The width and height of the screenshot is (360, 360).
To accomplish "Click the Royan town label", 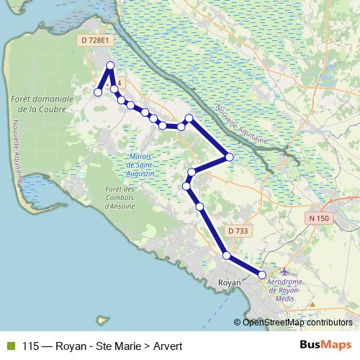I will click(228, 283).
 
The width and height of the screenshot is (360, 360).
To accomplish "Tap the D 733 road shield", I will click(237, 231).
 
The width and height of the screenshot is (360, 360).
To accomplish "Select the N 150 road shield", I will click(318, 218).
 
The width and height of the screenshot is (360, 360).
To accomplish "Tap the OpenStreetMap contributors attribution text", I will click(297, 323).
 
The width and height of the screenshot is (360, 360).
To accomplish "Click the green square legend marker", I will click(9, 346).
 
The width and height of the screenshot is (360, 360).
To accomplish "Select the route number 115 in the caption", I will click(30, 346).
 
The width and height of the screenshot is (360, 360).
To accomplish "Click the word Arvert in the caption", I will click(167, 346).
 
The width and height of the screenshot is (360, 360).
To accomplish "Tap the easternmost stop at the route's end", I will click(262, 275).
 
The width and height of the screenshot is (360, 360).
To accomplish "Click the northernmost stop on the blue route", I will click(110, 66).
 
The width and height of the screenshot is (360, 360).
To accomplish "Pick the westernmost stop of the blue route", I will click(98, 91).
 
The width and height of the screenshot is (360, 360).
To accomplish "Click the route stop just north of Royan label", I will click(226, 256).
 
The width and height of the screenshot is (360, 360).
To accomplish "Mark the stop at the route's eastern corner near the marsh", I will click(229, 156).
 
